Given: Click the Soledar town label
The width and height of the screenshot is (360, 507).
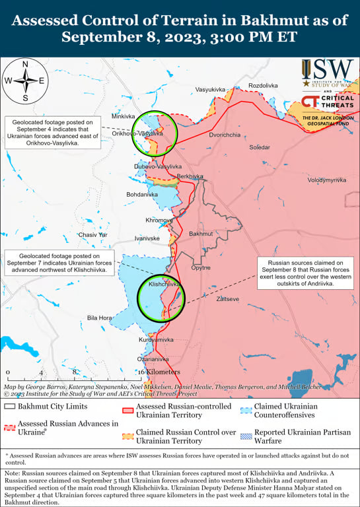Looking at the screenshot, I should coord(259,147).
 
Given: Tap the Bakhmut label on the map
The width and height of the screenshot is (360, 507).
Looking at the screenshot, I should coord(201,234).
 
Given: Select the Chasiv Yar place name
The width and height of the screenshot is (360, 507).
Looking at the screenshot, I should coord(92,234).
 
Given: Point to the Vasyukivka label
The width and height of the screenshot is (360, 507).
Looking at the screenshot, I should coord(211,89).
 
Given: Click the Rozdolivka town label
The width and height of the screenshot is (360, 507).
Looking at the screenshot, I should coord(263,86).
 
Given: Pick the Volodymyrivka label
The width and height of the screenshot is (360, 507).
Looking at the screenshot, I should coord(326,180).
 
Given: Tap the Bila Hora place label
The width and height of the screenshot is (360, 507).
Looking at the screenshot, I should coord(100,318).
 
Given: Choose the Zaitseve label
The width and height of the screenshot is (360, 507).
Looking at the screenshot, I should coord(228,298).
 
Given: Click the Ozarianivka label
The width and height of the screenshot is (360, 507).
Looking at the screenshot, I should coord(154,358).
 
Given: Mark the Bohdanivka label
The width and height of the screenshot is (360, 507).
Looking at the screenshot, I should coord(142,195).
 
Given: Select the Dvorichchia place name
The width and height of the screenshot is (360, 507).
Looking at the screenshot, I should coord(225,135).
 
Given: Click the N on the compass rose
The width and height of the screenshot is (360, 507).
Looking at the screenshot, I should coord(25,64).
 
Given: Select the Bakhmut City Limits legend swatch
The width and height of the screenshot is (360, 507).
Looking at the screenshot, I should coord(9,407).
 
